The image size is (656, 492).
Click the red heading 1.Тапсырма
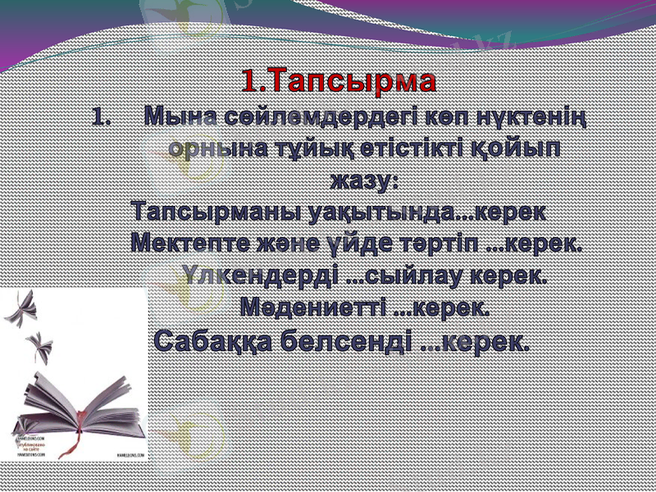point(339,81)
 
